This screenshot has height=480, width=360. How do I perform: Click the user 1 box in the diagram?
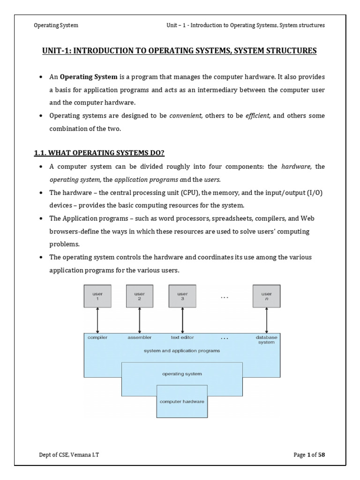[x=97, y=296]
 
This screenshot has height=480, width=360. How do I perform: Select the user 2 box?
[x=140, y=296]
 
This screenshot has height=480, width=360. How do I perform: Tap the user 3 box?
[x=182, y=296]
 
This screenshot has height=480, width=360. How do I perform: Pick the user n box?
[x=266, y=296]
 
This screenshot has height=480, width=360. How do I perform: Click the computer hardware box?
[x=182, y=401]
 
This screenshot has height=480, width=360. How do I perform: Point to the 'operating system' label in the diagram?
[x=182, y=374]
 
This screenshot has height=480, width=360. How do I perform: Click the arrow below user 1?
[x=97, y=320]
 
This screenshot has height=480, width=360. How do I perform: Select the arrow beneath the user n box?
[x=266, y=320]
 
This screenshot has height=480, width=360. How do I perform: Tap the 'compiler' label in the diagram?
[x=97, y=337]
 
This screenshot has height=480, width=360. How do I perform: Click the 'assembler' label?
[x=140, y=337]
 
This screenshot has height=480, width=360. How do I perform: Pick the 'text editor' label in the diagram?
[x=182, y=337]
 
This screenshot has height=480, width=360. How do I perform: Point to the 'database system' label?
[x=266, y=339]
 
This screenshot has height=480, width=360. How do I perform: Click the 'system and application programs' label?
[x=182, y=350]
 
